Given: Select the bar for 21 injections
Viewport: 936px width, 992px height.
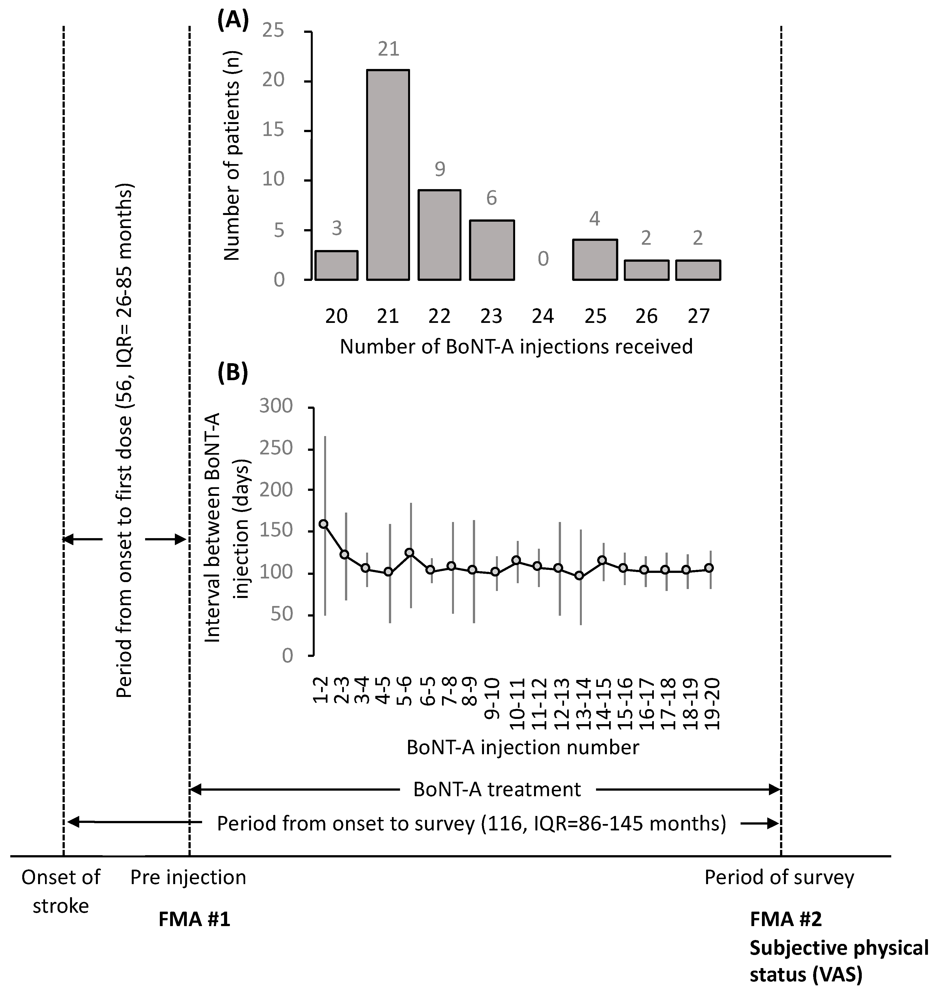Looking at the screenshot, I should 388,175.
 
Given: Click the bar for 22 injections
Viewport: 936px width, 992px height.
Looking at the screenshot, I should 439,235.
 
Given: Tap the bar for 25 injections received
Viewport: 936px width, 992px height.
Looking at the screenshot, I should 595,259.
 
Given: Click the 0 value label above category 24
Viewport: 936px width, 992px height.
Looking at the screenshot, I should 543,259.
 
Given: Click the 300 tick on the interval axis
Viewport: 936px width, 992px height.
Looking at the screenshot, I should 276,406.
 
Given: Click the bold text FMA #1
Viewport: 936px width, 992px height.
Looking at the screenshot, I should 194,919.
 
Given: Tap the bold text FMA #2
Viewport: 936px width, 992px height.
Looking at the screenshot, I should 786,919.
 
